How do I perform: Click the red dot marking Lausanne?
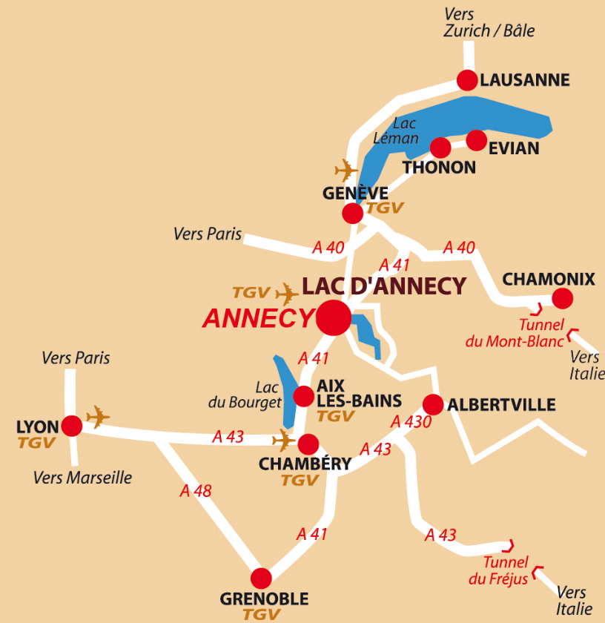click(x=467, y=80)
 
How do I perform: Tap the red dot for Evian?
click(x=477, y=139)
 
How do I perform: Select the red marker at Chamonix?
click(x=563, y=298)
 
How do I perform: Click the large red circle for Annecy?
click(x=334, y=318)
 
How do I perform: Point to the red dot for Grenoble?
click(x=261, y=578)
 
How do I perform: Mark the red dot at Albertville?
click(x=433, y=405)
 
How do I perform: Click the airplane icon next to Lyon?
click(x=98, y=417)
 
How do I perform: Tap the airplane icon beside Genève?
click(x=346, y=170)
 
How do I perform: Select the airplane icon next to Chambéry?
click(x=283, y=440)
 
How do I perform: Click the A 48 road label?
click(x=196, y=491)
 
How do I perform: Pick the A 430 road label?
click(x=410, y=422)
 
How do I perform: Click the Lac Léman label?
click(x=406, y=131)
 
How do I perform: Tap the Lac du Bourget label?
click(x=257, y=395)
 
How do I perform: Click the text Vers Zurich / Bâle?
click(x=489, y=23)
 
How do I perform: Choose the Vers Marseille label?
click(x=82, y=478)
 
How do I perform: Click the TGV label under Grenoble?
click(x=262, y=614)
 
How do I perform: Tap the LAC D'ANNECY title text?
click(x=384, y=286)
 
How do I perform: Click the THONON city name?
click(x=439, y=168)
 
